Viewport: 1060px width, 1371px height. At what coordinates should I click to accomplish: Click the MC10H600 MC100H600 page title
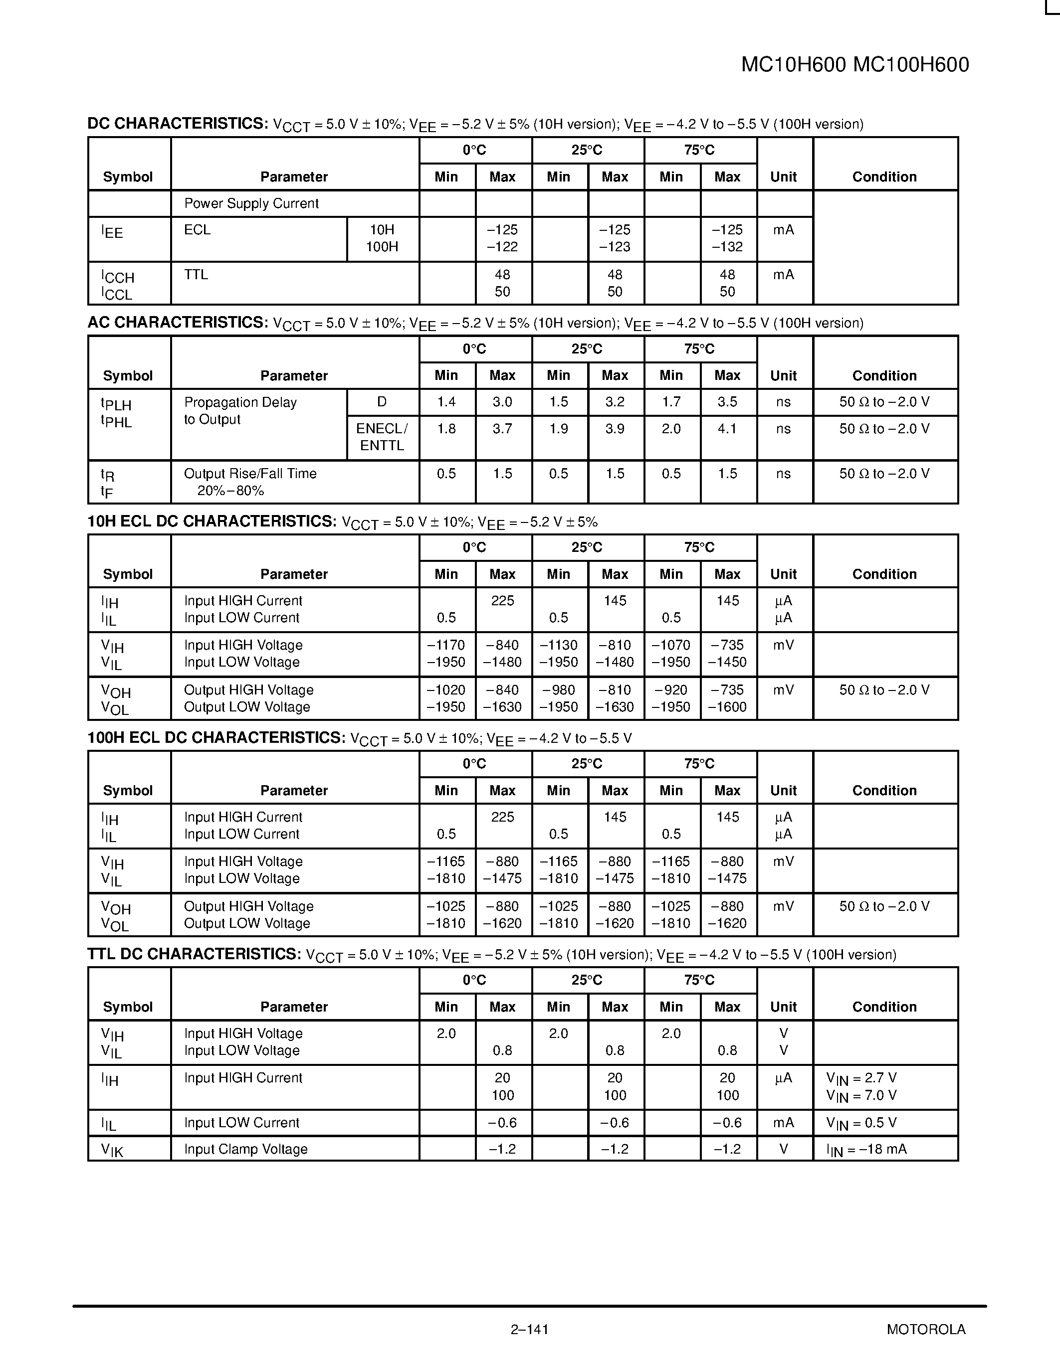point(854,65)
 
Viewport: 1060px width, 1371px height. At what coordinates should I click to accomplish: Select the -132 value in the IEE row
point(727,247)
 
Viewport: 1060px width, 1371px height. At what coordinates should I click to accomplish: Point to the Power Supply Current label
point(251,203)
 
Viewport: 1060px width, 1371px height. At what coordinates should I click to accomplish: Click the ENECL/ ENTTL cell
point(382,437)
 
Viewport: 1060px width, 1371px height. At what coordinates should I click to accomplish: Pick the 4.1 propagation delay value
point(727,429)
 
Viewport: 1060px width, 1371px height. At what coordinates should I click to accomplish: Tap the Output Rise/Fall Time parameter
point(250,474)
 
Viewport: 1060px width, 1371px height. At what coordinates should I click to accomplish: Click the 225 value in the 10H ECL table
point(502,601)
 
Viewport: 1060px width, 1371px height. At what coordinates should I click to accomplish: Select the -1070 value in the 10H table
point(670,645)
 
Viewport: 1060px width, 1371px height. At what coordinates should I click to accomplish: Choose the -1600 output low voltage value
point(727,707)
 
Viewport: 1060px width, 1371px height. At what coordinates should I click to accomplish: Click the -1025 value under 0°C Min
point(446,906)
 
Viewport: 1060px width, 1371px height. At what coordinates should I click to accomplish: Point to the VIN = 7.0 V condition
point(861,1096)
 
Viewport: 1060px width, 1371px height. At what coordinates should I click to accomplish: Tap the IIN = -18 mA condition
point(866,1150)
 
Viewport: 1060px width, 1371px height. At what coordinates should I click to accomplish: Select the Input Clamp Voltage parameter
point(245,1150)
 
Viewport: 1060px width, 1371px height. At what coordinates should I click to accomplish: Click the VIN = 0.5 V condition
point(861,1123)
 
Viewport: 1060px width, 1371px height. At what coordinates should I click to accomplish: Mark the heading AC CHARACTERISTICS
point(178,323)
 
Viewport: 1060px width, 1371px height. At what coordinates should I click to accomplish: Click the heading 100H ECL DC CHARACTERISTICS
point(216,738)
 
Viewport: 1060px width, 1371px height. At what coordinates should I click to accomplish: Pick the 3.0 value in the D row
point(502,402)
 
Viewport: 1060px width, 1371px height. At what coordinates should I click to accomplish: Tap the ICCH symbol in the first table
point(118,277)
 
